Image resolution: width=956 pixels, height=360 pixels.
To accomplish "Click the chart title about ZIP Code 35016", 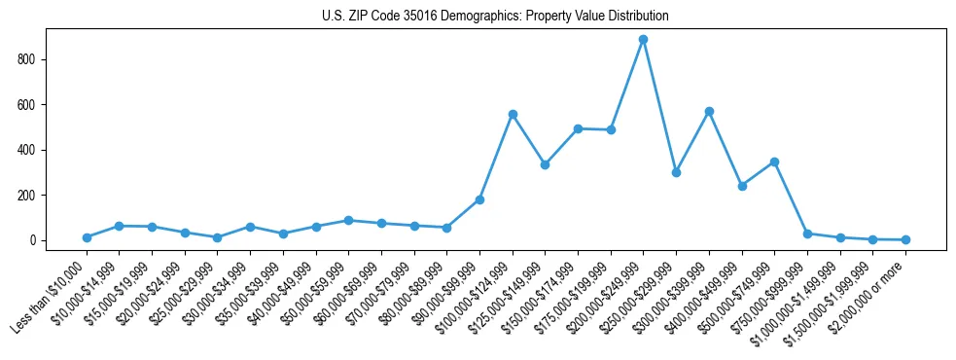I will [495, 17].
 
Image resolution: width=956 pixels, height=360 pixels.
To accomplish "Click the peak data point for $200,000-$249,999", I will [643, 40].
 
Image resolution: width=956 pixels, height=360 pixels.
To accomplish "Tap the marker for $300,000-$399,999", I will [709, 111].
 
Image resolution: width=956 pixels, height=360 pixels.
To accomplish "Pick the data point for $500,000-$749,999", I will [774, 162].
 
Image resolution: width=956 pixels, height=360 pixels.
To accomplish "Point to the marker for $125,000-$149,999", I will [545, 165].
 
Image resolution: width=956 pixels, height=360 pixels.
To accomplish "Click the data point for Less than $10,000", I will [87, 237].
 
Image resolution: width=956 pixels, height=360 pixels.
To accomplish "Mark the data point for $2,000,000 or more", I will [905, 239].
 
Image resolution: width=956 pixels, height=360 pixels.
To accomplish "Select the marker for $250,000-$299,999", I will [676, 172].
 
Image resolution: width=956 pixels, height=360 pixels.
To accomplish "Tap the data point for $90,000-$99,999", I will [479, 199].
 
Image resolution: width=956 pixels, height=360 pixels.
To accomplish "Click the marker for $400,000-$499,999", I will [742, 186].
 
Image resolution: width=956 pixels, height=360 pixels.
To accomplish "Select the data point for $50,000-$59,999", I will [348, 221].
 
